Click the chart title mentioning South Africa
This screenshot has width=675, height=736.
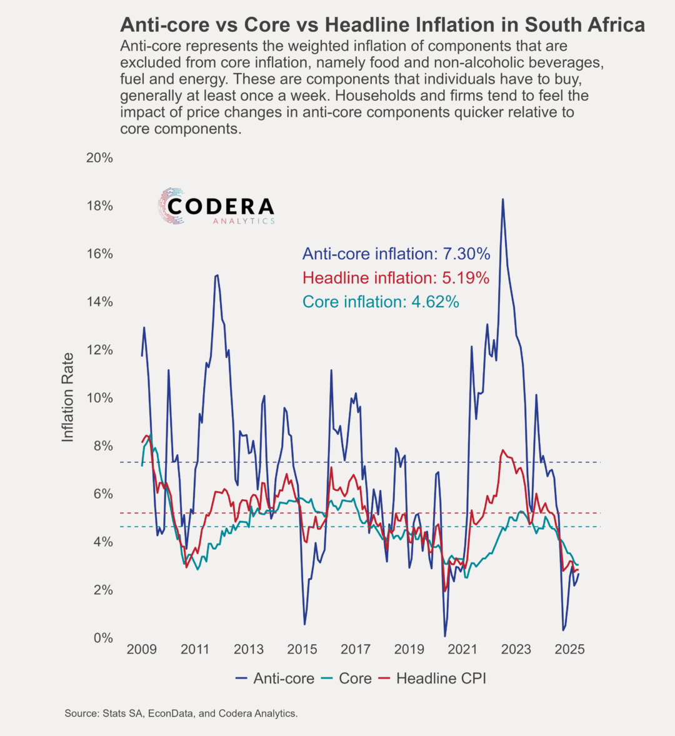[382, 25]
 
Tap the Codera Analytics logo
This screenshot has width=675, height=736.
[216, 206]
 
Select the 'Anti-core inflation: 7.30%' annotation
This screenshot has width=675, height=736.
[396, 254]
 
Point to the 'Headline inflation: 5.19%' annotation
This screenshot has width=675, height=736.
[396, 278]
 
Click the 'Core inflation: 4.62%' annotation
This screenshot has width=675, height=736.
[381, 302]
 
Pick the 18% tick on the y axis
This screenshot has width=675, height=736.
[99, 206]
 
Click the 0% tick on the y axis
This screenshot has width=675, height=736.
[103, 638]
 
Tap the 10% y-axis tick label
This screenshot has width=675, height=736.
[99, 398]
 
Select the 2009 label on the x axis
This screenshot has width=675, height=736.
[142, 649]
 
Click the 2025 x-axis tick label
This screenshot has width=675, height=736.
[569, 649]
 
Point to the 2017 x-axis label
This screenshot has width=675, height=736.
[356, 649]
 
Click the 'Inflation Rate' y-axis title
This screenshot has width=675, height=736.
[68, 397]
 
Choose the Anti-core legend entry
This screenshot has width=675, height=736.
[274, 679]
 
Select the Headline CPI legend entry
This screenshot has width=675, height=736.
[432, 679]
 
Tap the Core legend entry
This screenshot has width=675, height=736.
[346, 679]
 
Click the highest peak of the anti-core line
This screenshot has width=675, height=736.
[502, 199]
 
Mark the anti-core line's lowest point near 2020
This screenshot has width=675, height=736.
[444, 636]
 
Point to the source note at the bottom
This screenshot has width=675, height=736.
[181, 714]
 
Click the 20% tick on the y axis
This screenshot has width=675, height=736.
[99, 157]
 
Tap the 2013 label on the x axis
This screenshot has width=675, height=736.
[249, 649]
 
